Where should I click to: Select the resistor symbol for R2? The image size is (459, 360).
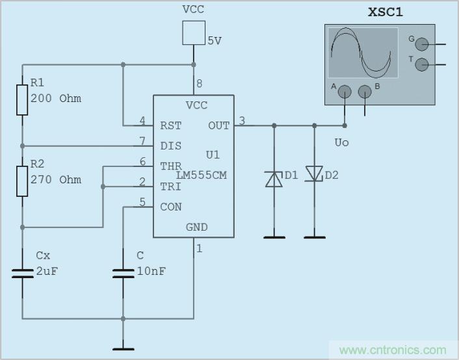[22, 181]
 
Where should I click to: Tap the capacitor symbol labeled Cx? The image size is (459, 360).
[22, 272]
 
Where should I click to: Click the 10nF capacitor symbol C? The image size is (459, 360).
[123, 272]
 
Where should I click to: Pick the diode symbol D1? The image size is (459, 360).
[274, 178]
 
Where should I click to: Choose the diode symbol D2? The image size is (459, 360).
[315, 174]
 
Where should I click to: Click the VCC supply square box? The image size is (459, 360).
[194, 32]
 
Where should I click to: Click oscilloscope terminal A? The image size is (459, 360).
[345, 92]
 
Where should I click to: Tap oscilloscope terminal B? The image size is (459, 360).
[365, 92]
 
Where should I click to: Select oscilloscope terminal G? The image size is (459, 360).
[422, 44]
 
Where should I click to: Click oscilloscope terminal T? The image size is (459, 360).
[422, 64]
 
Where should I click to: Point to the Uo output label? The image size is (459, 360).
[341, 142]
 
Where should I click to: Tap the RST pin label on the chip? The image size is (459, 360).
[171, 125]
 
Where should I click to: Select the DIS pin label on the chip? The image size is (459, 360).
[171, 146]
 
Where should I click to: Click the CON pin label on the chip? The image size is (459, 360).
[171, 207]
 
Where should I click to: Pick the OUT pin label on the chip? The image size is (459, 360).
[218, 125]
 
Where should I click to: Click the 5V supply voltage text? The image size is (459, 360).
[215, 40]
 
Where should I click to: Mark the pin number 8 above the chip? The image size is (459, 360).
[199, 83]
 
